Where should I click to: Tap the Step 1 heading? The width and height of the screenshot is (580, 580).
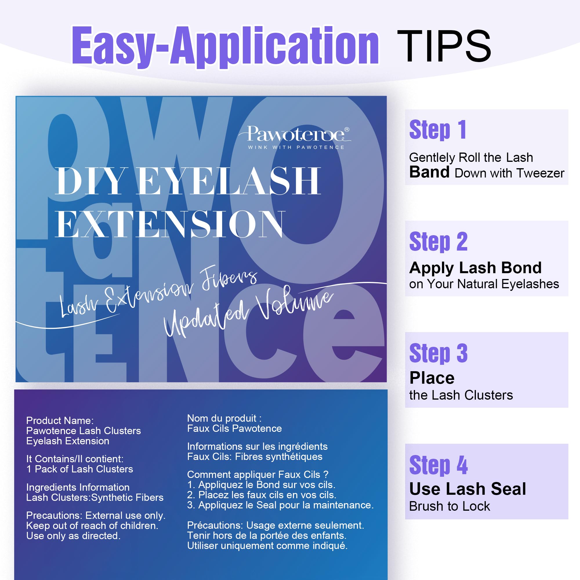pos(437,130)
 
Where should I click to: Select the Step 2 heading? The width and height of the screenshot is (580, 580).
pos(438,242)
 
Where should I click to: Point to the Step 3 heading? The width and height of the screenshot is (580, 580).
pos(438,353)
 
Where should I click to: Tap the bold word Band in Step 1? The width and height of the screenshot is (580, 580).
pos(429,172)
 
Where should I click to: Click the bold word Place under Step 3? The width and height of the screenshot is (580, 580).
pos(432,378)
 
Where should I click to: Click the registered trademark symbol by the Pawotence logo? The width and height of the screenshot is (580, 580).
pos(347,130)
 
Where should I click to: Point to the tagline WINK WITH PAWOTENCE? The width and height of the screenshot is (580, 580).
pos(296,147)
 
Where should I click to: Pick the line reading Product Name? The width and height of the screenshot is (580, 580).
pos(60,420)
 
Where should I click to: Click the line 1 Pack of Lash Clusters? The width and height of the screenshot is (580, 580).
pos(79,469)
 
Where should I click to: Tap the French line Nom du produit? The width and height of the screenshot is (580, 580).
pos(224,418)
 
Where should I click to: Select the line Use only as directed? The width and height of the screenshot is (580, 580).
pos(73,536)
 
